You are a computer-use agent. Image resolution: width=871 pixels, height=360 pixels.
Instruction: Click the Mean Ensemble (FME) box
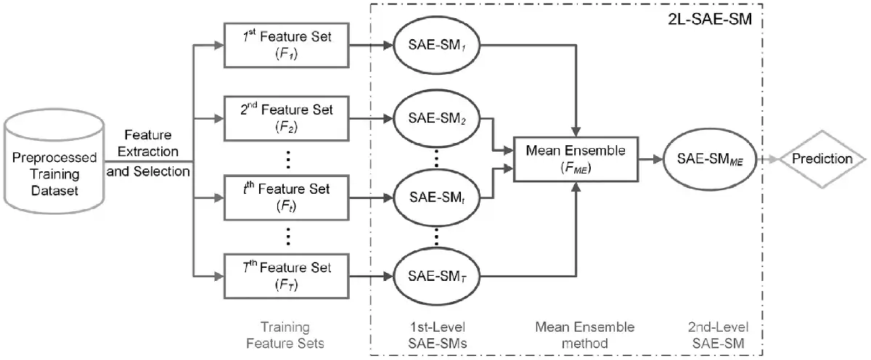pos(576,159)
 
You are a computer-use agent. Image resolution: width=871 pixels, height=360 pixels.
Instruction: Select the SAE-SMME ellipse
pos(711,159)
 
